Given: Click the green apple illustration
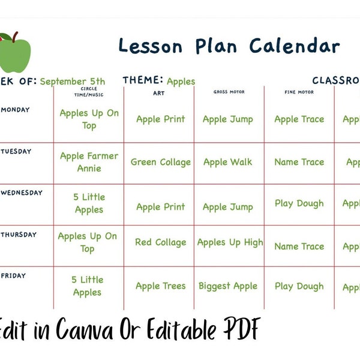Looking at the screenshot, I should click(x=14, y=53).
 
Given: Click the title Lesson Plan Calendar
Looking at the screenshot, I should click(x=229, y=46).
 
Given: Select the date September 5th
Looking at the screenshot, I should click(x=73, y=82).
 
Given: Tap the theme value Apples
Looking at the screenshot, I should click(x=181, y=82).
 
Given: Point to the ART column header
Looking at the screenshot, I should click(x=158, y=93).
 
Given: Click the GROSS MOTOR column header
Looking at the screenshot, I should click(x=228, y=92).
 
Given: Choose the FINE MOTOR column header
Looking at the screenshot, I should click(x=299, y=92).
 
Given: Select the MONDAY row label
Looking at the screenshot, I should click(x=16, y=110).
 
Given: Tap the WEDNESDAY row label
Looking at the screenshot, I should click(x=22, y=193).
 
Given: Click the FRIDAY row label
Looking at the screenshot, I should click(x=14, y=275).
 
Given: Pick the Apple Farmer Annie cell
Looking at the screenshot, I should click(x=89, y=162).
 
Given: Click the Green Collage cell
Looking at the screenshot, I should click(x=160, y=162).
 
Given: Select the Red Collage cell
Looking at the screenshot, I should click(x=160, y=242).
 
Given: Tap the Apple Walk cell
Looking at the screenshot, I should click(x=227, y=162).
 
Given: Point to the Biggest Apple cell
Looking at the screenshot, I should click(x=228, y=286).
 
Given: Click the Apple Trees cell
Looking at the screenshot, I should click(x=160, y=286).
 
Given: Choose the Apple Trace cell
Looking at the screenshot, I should click(x=299, y=119).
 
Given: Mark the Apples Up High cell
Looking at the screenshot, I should click(x=230, y=242).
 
